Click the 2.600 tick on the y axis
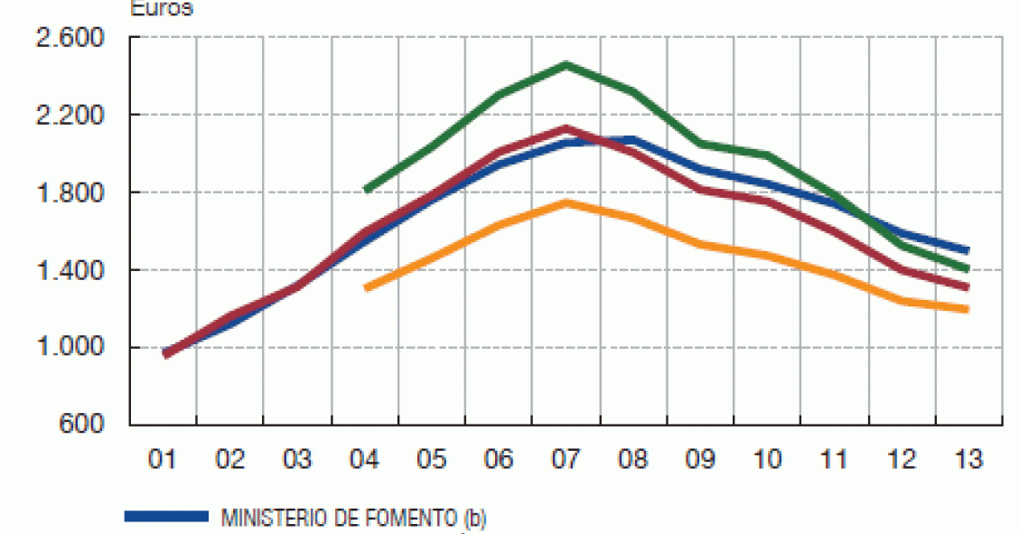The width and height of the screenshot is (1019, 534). (x=68, y=39)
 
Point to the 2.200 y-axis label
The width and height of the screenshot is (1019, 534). (x=68, y=116)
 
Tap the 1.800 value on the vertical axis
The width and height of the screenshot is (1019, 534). (x=68, y=193)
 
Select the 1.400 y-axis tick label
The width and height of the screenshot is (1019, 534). (x=68, y=270)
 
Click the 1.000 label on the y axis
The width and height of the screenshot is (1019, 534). (x=68, y=348)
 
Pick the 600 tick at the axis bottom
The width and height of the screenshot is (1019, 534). (x=80, y=425)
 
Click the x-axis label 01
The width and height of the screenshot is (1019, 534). (x=163, y=460)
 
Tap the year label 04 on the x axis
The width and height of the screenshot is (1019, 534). (x=364, y=460)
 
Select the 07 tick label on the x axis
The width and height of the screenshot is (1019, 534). (x=566, y=460)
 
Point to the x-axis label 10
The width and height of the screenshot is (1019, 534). (x=767, y=460)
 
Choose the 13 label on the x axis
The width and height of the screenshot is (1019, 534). (x=968, y=460)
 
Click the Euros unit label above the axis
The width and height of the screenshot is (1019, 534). (x=162, y=9)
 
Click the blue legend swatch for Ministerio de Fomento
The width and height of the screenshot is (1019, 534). (x=165, y=517)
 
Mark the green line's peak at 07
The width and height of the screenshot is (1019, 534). (x=566, y=64)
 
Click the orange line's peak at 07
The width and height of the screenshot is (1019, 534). (x=566, y=202)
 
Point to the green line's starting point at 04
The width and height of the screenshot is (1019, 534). (x=366, y=191)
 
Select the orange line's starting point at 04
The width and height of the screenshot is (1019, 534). (x=366, y=288)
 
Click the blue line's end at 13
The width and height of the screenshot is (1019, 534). (x=967, y=250)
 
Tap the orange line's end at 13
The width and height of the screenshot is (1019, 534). (x=967, y=309)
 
